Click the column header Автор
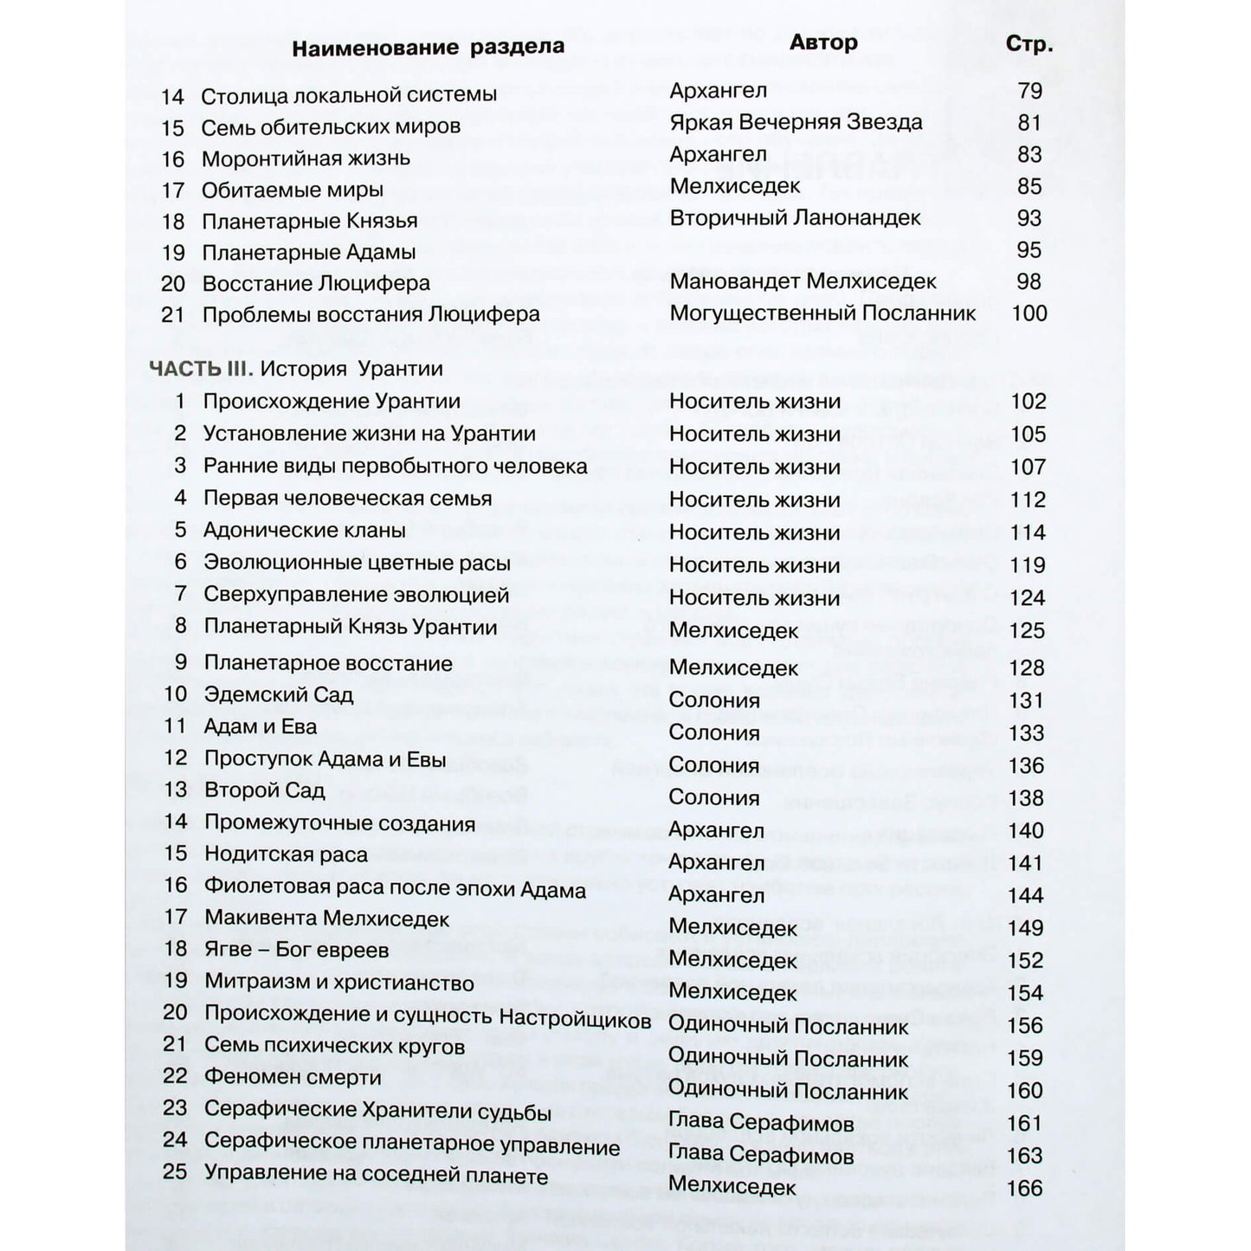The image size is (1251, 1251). (x=823, y=42)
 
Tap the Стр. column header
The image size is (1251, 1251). (x=1029, y=44)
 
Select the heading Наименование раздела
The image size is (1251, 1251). (x=428, y=47)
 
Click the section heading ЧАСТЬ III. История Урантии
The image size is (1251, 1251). (x=296, y=369)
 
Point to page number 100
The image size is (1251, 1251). (x=1029, y=313)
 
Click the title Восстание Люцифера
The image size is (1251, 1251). (x=316, y=283)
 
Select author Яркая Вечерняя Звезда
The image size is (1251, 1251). (x=796, y=122)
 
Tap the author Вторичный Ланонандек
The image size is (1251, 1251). (x=795, y=217)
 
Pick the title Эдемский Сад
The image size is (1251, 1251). (x=279, y=694)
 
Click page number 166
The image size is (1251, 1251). (x=1025, y=1188)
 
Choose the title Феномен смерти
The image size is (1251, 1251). (x=293, y=1077)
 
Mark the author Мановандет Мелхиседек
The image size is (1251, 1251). (x=803, y=281)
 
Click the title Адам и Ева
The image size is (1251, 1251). (x=261, y=726)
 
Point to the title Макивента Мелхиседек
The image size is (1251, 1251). (x=327, y=918)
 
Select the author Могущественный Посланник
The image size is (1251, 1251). (x=822, y=313)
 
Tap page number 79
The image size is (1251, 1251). (x=1030, y=90)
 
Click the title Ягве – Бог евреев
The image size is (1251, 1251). (x=297, y=950)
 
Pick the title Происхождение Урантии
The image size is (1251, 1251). (x=332, y=402)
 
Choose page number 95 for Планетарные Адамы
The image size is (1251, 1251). (x=1029, y=250)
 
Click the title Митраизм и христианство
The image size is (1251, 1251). (x=339, y=983)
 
